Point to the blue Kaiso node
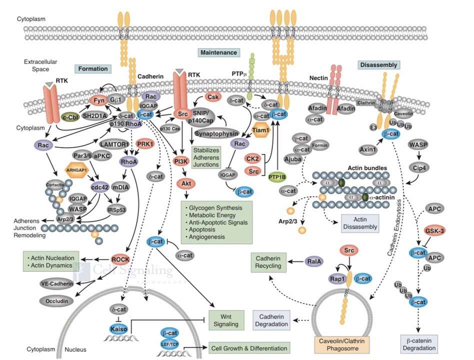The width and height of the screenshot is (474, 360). coord(118,328)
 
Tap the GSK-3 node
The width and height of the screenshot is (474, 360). coord(434,230)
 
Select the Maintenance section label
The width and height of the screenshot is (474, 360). coord(219,52)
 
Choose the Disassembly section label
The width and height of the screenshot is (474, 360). coord(378,65)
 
